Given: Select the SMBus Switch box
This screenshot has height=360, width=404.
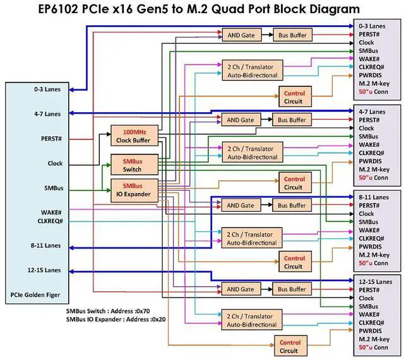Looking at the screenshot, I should click(132, 165).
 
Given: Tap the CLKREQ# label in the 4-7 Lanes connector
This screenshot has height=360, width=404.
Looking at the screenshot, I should click(372, 153).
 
